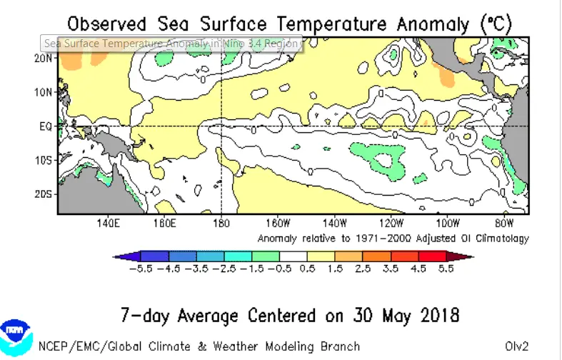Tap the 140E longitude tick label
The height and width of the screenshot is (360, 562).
[x=107, y=223]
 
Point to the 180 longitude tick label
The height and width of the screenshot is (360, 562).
[x=221, y=223]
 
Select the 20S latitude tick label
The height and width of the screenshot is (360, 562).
[x=44, y=194]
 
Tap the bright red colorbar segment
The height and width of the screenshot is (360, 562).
[x=432, y=256]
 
